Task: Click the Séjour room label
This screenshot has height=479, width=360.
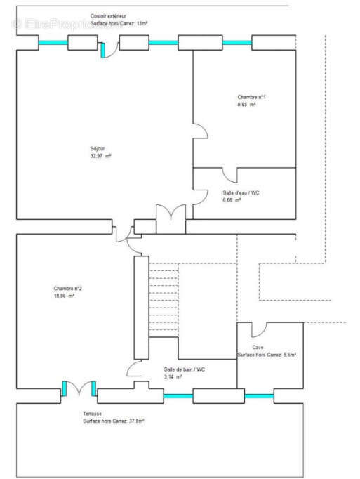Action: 98,148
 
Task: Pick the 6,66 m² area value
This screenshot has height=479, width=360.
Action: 232,200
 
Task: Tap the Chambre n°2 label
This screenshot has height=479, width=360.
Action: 68,289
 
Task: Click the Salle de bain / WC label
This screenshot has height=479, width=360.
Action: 185,369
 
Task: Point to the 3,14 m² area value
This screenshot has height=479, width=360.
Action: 173,377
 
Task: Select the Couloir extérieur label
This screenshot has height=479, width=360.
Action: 109,15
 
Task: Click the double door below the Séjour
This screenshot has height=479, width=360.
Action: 171,214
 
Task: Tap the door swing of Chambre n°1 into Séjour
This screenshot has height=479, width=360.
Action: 200,131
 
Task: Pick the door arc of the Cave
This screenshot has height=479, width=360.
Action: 258,329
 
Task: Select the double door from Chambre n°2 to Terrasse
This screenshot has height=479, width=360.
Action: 79,388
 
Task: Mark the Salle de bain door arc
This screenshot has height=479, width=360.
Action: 134,369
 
